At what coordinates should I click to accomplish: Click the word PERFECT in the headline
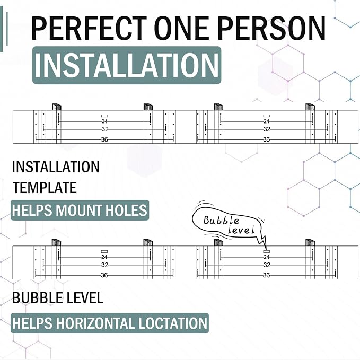click(x=89, y=28)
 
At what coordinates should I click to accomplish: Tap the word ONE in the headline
click(x=182, y=28)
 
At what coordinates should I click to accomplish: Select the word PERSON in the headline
click(x=271, y=28)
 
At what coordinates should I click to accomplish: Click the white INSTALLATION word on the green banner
click(x=127, y=65)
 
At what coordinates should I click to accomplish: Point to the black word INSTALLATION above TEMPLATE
click(x=56, y=166)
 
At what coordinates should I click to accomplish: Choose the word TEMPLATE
click(x=45, y=188)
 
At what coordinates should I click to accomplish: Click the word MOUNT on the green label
click(x=78, y=210)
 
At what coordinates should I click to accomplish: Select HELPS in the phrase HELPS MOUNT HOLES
click(x=32, y=210)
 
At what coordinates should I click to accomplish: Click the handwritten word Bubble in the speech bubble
click(x=221, y=221)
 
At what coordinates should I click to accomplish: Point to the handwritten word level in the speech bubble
click(x=241, y=230)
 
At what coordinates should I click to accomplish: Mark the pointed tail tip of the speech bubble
click(x=266, y=250)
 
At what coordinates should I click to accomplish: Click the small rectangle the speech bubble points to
click(x=266, y=252)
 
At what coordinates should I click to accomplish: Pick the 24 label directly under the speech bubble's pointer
click(x=266, y=257)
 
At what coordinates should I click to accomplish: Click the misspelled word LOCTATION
click(x=173, y=323)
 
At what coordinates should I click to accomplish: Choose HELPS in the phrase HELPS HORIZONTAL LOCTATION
click(x=32, y=323)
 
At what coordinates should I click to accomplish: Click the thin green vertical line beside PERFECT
click(x=7, y=29)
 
